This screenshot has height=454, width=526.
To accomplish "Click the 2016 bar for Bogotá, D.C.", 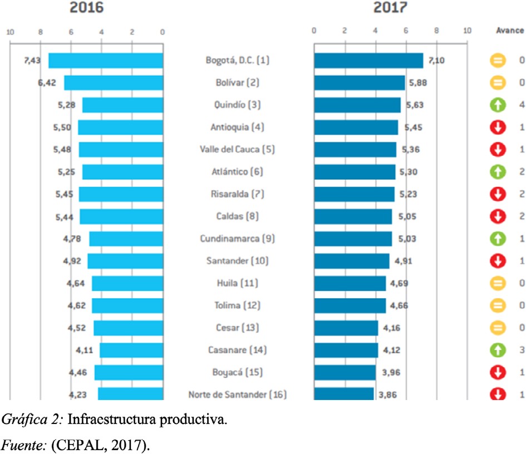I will coord(106,60).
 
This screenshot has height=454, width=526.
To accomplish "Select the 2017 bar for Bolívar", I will coord(359,82).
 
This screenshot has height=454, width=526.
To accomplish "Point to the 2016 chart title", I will coord(86,8).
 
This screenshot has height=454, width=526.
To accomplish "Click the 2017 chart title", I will coord(390,8).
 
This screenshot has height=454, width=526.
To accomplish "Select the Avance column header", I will coord(510,31).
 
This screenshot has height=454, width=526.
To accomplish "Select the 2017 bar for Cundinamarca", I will coord(353,239).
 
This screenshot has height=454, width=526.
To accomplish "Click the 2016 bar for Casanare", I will coord(131,350).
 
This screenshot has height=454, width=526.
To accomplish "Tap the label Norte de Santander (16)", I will coord(238,395).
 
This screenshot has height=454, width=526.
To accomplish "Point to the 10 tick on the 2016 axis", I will coord(10,32).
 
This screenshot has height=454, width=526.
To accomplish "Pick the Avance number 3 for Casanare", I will coord(522,350).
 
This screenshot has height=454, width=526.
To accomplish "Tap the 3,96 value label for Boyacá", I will coord(389,372).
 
